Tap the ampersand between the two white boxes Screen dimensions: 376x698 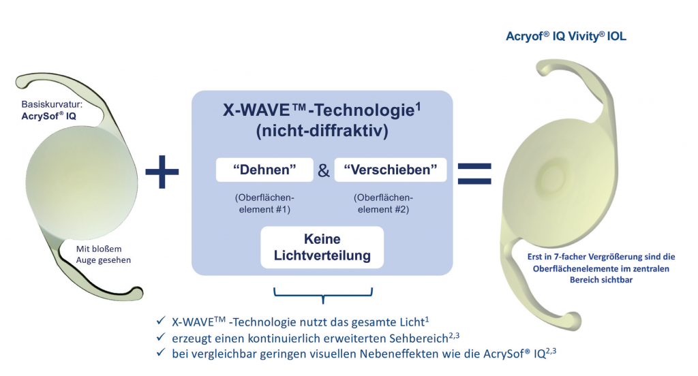(324, 171)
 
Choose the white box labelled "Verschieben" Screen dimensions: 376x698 (391, 170)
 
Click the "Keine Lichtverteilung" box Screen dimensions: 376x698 (322, 248)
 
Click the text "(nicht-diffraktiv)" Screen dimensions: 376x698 (322, 131)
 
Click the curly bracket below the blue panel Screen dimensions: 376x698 (323, 294)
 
